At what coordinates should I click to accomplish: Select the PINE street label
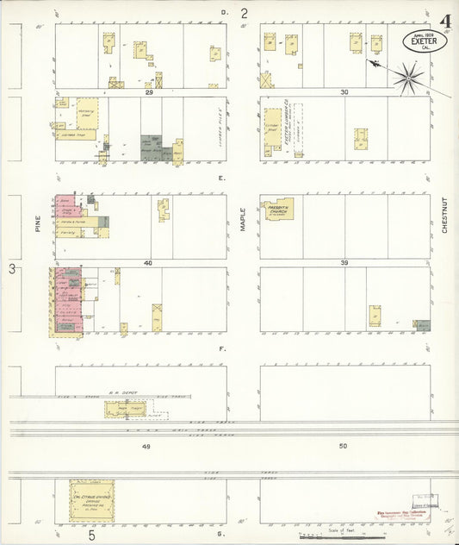(x=39, y=226)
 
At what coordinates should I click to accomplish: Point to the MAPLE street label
(x=244, y=216)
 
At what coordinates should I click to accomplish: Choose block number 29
(x=149, y=91)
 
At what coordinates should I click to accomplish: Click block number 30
(x=344, y=91)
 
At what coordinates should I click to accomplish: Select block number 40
(x=148, y=262)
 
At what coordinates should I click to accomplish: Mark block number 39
(x=344, y=262)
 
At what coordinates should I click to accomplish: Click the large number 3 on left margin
(x=12, y=270)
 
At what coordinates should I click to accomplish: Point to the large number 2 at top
(x=244, y=13)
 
